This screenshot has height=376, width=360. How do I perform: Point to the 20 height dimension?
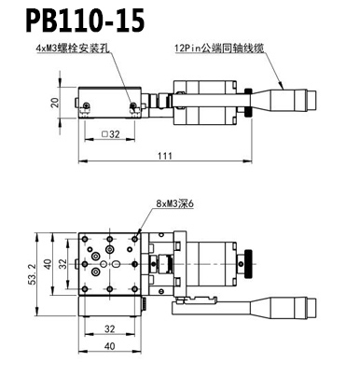tap(55, 103)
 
